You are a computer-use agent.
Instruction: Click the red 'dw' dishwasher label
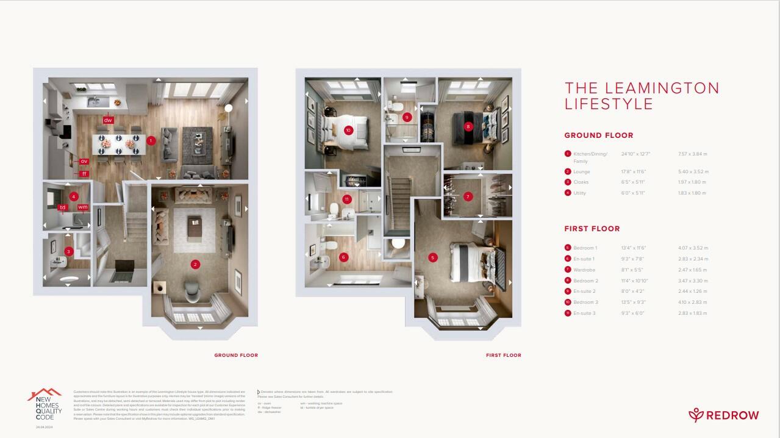[x=108, y=120]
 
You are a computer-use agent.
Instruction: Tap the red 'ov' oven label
[x=84, y=162]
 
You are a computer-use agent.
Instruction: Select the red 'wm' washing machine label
[x=83, y=207]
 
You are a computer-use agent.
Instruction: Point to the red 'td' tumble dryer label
[x=62, y=207]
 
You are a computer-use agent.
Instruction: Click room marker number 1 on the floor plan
[x=151, y=140]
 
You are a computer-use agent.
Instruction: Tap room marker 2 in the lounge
[x=195, y=264]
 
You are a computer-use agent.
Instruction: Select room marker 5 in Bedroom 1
[x=433, y=257]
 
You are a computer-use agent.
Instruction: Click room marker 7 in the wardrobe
[x=468, y=196]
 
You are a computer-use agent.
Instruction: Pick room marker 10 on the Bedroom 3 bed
[x=348, y=130]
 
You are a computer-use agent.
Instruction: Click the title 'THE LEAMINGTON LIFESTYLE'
[x=642, y=96]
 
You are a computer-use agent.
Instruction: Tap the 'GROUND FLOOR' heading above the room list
[x=590, y=135]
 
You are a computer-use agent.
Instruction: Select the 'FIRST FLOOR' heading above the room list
[x=592, y=229]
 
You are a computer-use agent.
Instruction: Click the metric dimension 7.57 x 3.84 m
[x=693, y=154]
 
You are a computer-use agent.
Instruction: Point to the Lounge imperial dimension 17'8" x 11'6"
[x=635, y=172]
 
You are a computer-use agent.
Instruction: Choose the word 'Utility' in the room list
[x=579, y=193]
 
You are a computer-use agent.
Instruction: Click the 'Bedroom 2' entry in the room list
[x=585, y=281]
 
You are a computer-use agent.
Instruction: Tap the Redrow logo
[x=724, y=415]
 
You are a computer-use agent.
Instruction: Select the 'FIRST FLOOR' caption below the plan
[x=503, y=355]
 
